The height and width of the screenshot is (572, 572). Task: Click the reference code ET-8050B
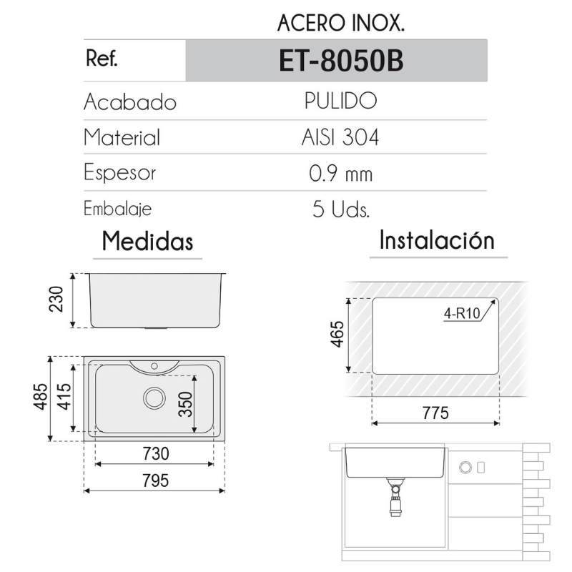coord(341,61)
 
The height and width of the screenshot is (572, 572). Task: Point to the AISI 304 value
coord(340,137)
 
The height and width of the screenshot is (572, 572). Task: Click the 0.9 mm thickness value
coord(341,173)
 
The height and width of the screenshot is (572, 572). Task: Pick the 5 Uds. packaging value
coord(340,209)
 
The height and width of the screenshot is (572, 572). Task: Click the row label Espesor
coord(119,173)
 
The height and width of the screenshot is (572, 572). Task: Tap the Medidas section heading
coord(148,241)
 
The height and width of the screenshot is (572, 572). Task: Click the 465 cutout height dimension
coord(338,334)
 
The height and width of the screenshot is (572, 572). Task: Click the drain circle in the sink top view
coord(154,398)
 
